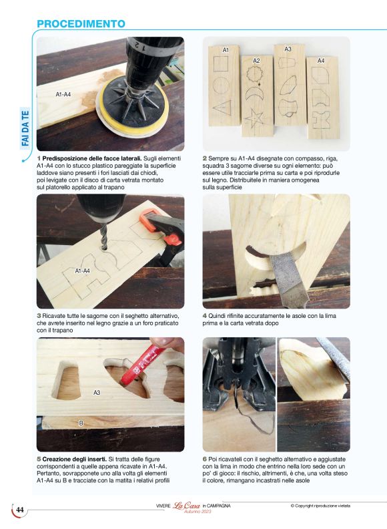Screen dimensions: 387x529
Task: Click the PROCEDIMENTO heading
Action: [x=81, y=24]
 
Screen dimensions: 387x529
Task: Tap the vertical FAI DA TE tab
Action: [x=25, y=128]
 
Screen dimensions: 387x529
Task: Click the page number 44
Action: [x=20, y=510]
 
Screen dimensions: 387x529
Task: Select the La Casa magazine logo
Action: [x=187, y=506]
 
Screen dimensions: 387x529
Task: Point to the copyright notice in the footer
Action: [x=320, y=506]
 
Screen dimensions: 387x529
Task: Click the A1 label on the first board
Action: [x=226, y=50]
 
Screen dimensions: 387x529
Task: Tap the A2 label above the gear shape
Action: [x=256, y=61]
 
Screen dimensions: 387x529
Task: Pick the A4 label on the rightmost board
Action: [x=321, y=61]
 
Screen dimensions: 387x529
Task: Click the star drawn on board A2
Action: [x=254, y=118]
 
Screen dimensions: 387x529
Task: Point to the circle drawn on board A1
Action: [x=221, y=84]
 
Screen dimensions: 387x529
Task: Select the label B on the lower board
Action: [x=81, y=423]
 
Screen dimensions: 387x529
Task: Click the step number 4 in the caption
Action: [x=204, y=316]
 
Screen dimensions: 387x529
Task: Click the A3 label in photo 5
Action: [x=97, y=392]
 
